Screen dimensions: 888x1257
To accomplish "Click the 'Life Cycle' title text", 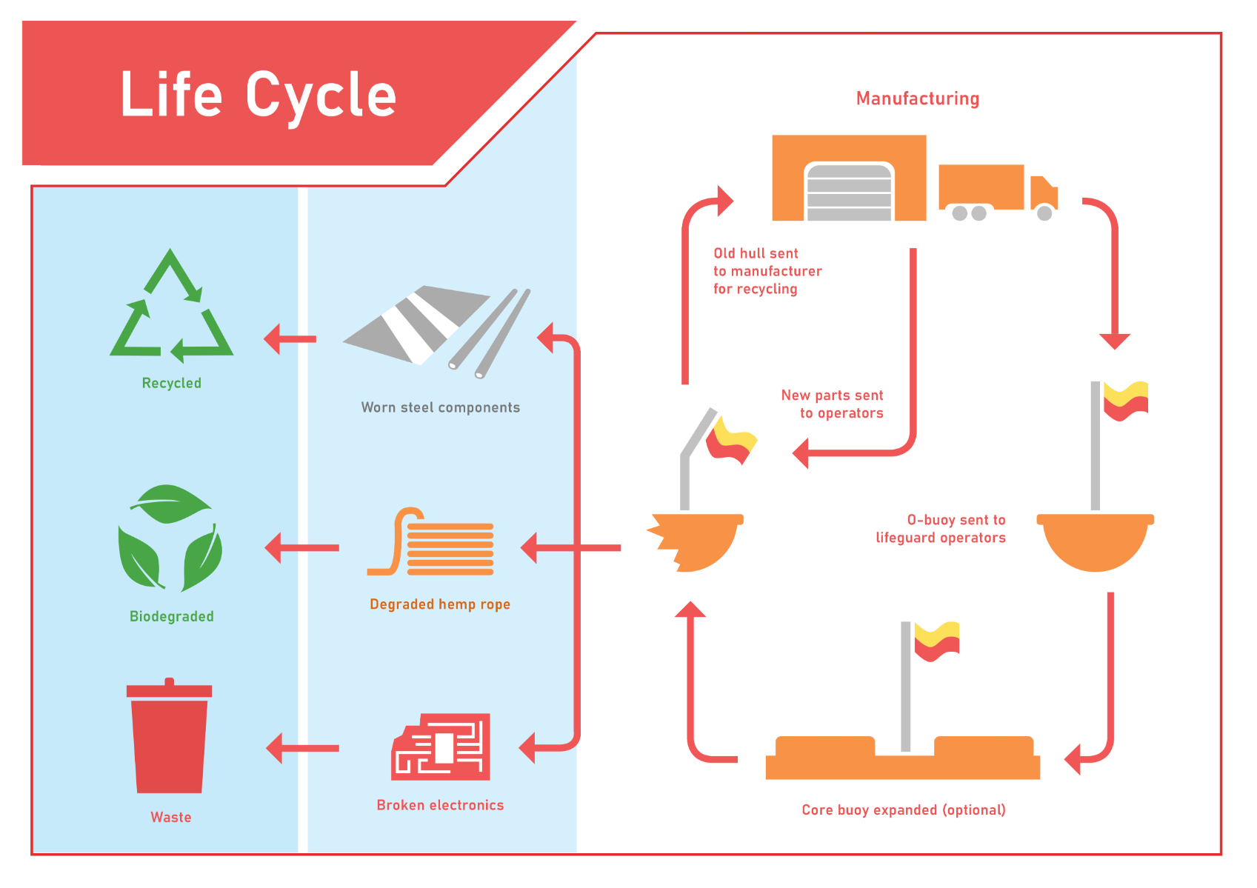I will (258, 94).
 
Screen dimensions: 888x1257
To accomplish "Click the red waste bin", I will (170, 737).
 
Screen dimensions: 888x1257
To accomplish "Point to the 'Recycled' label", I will (171, 383).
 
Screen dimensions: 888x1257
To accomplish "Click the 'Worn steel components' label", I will (440, 407).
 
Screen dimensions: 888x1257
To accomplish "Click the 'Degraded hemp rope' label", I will (440, 604).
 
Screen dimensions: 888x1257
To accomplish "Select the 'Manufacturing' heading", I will (917, 99).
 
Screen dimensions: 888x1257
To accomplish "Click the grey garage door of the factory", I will (849, 192).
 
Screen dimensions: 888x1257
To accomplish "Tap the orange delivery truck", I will (996, 191).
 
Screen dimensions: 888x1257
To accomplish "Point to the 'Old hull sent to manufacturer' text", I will (767, 271).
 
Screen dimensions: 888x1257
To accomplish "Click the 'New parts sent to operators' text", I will (833, 404).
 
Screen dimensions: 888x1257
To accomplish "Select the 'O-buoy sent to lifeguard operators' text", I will (941, 529).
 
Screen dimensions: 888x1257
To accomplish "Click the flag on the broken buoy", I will (730, 440).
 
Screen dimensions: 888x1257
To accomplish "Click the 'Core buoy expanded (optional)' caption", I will (903, 809).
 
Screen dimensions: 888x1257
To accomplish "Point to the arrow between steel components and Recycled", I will (290, 339).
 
